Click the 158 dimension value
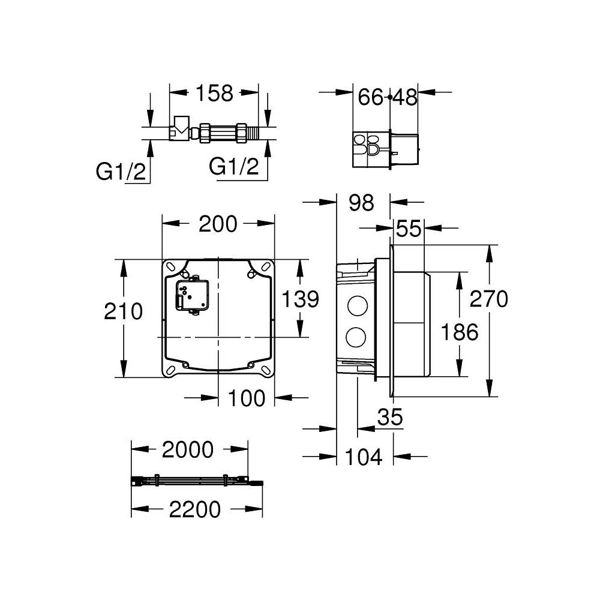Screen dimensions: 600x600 coord(214,94)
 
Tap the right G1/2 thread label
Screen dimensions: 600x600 coord(233,166)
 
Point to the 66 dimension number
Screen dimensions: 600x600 coord(371,97)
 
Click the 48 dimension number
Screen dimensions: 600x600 coord(404,97)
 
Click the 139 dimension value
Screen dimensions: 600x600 coord(300,298)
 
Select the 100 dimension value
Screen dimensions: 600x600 coord(247,398)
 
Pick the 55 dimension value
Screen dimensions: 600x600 coord(409,229)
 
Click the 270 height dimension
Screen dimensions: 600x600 coord(488,298)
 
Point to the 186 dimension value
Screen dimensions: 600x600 coord(460,331)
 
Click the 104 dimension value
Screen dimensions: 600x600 coord(364,457)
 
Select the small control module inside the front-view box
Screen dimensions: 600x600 coord(191,295)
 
